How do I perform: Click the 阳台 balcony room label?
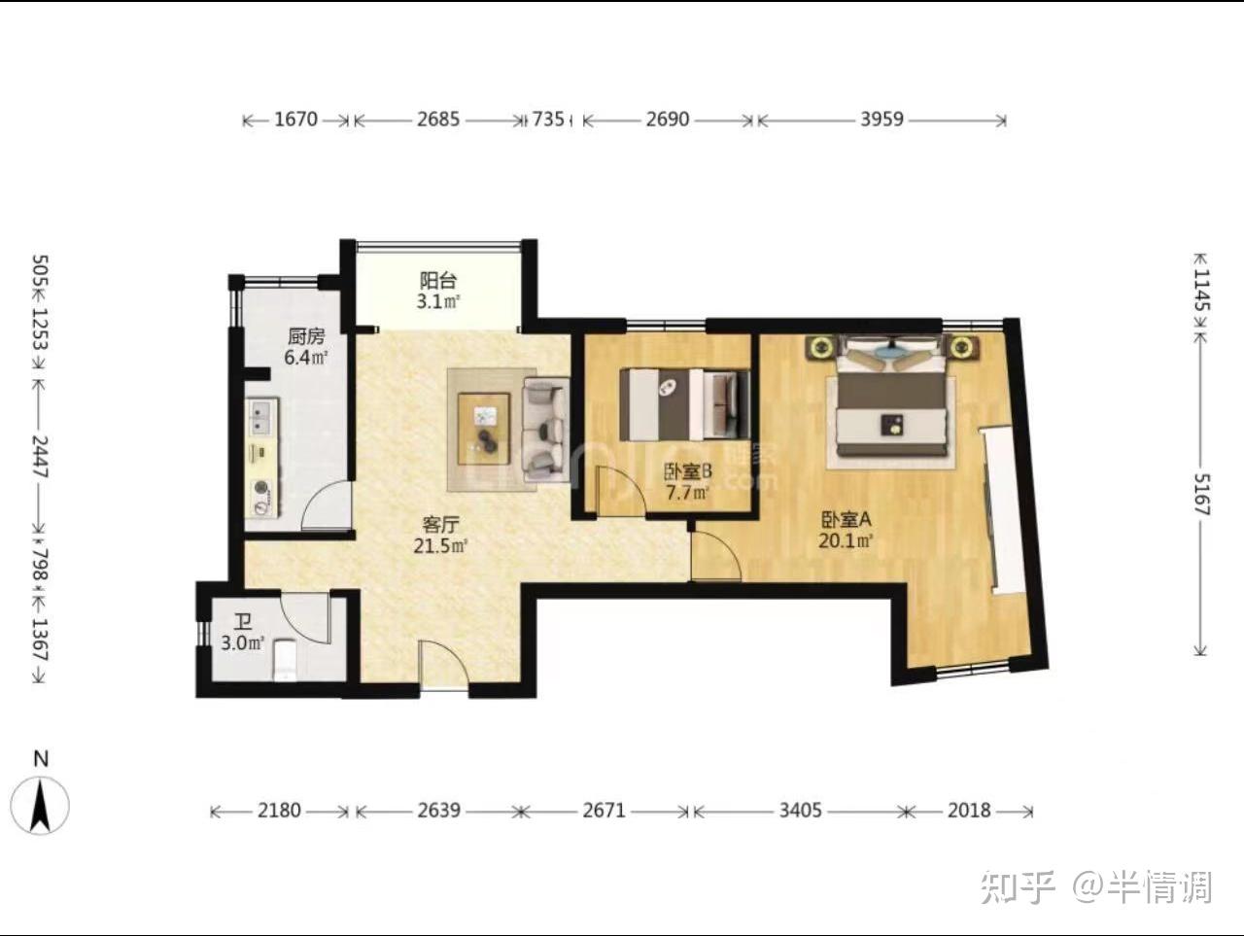(x=438, y=281)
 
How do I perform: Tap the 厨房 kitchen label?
(x=306, y=336)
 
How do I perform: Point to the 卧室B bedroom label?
(x=688, y=471)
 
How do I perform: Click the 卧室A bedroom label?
(x=846, y=519)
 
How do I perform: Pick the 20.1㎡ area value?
(x=845, y=541)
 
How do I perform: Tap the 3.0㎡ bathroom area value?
(x=243, y=643)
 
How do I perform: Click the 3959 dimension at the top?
(x=881, y=120)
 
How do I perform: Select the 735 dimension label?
(x=547, y=120)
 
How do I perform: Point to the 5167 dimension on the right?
(x=1200, y=494)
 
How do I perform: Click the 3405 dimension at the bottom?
(x=800, y=811)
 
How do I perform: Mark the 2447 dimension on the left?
(x=40, y=457)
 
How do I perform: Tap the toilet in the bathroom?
(x=284, y=659)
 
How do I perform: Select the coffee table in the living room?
(x=483, y=429)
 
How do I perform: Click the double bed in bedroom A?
(x=891, y=398)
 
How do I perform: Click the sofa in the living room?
(x=545, y=429)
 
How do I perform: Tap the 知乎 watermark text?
(x=1017, y=887)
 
